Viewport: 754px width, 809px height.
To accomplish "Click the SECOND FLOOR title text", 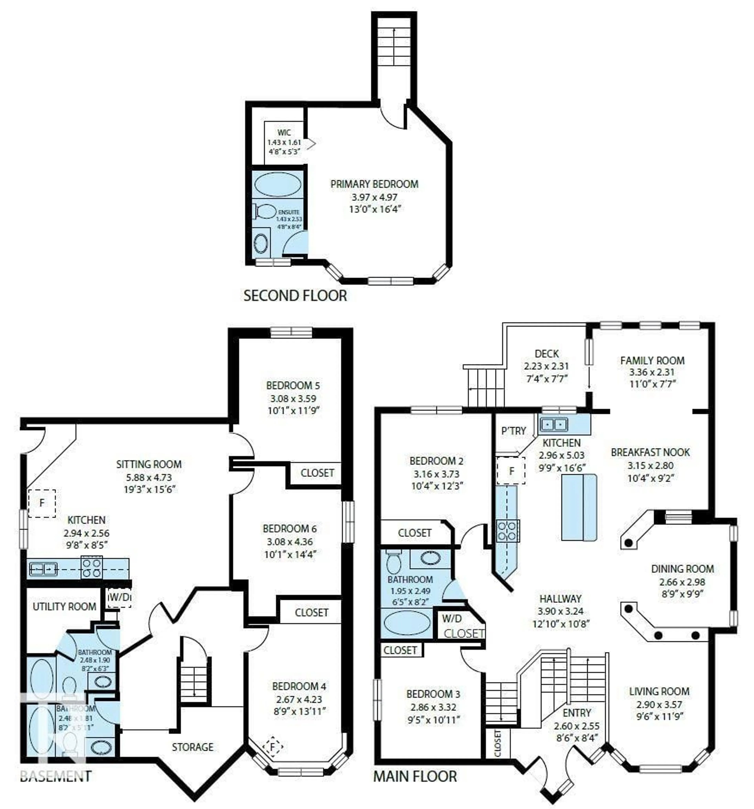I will click(x=295, y=295).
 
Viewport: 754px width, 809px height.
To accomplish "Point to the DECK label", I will click(x=546, y=354).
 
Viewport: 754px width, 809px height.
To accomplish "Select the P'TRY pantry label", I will click(x=513, y=431).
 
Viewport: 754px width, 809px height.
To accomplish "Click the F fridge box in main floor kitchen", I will click(x=511, y=471).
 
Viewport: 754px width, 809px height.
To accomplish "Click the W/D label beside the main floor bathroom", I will click(x=452, y=618).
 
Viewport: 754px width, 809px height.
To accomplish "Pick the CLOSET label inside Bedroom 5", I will click(x=317, y=473).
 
